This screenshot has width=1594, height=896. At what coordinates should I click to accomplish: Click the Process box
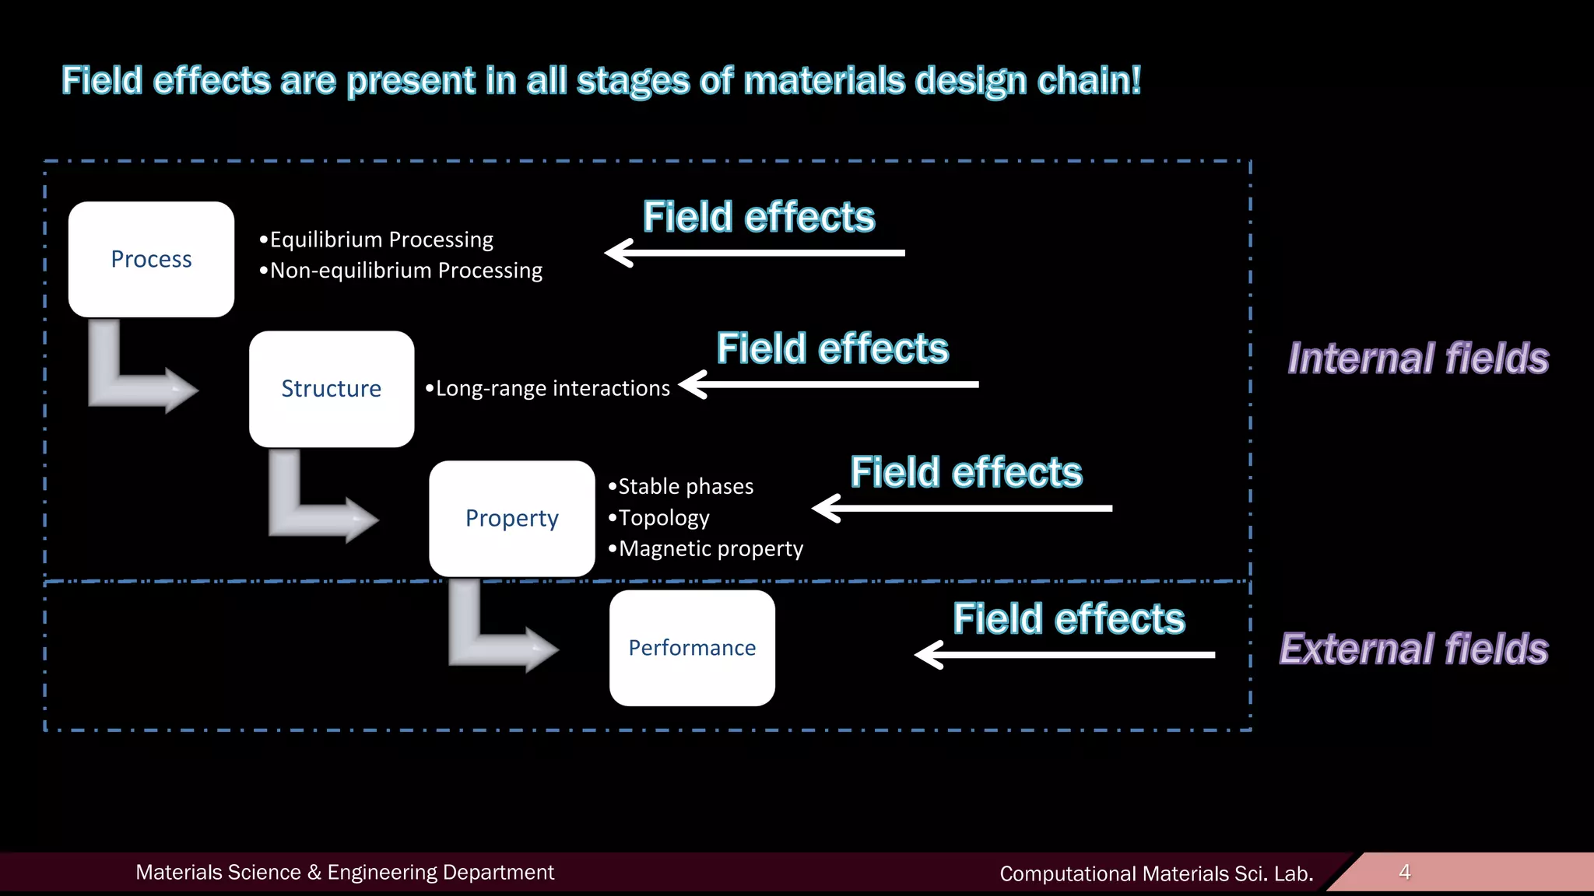151,259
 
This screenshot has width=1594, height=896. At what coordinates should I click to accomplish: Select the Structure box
332,389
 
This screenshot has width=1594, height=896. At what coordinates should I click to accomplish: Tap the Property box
512,518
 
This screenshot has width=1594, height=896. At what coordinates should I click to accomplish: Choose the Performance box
692,648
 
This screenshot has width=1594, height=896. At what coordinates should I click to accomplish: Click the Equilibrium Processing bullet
377,240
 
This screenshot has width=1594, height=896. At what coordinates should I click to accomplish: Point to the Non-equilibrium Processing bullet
401,271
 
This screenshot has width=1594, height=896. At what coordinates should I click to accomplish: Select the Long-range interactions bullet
548,388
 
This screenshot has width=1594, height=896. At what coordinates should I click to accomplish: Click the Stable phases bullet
681,487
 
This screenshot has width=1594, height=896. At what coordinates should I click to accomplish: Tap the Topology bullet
659,518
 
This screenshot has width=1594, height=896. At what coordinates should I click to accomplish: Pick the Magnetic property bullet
706,549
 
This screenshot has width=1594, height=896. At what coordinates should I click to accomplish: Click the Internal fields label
1418,359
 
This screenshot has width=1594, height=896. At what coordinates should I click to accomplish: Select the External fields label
1414,649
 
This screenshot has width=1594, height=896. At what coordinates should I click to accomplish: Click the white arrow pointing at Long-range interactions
829,384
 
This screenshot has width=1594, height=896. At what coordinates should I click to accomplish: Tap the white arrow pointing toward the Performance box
1065,655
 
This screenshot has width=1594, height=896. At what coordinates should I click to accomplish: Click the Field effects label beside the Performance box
1069,619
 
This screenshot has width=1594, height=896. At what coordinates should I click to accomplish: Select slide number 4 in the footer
1405,872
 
